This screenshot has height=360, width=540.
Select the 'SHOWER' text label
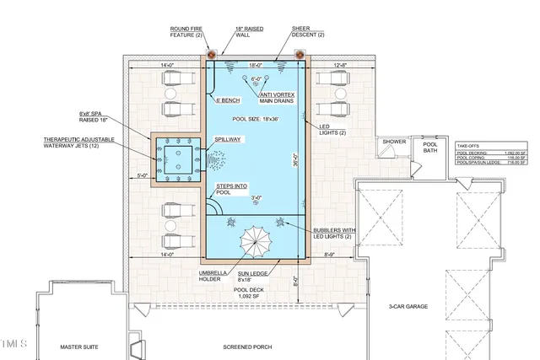394,142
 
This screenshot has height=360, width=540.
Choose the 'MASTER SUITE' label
81,347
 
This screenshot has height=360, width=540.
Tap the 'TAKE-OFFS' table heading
469,145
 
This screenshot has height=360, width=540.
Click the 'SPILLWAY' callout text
228,138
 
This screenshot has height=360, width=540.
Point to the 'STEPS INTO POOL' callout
232,188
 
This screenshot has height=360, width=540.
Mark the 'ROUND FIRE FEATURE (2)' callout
185,32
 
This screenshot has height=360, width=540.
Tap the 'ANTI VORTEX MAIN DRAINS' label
278,99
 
